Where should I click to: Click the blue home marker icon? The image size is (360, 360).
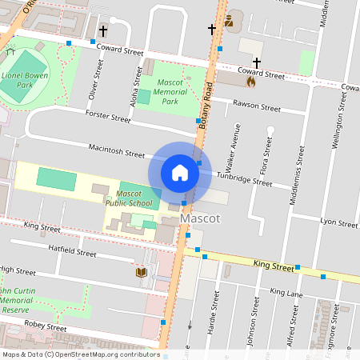[x=180, y=172]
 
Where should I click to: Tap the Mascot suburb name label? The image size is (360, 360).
[x=201, y=218]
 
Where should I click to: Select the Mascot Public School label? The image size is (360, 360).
[x=129, y=198]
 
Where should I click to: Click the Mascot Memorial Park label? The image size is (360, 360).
[x=169, y=92]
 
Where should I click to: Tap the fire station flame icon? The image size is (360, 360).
[x=250, y=81]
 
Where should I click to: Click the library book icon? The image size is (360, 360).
[x=141, y=273]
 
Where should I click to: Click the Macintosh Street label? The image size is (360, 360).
[x=117, y=150]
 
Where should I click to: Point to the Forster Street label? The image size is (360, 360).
[x=109, y=118]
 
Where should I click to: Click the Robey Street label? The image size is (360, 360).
[x=45, y=327]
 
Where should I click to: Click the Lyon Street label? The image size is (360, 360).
[x=338, y=222]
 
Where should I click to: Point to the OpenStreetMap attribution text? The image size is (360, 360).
[x=82, y=354]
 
